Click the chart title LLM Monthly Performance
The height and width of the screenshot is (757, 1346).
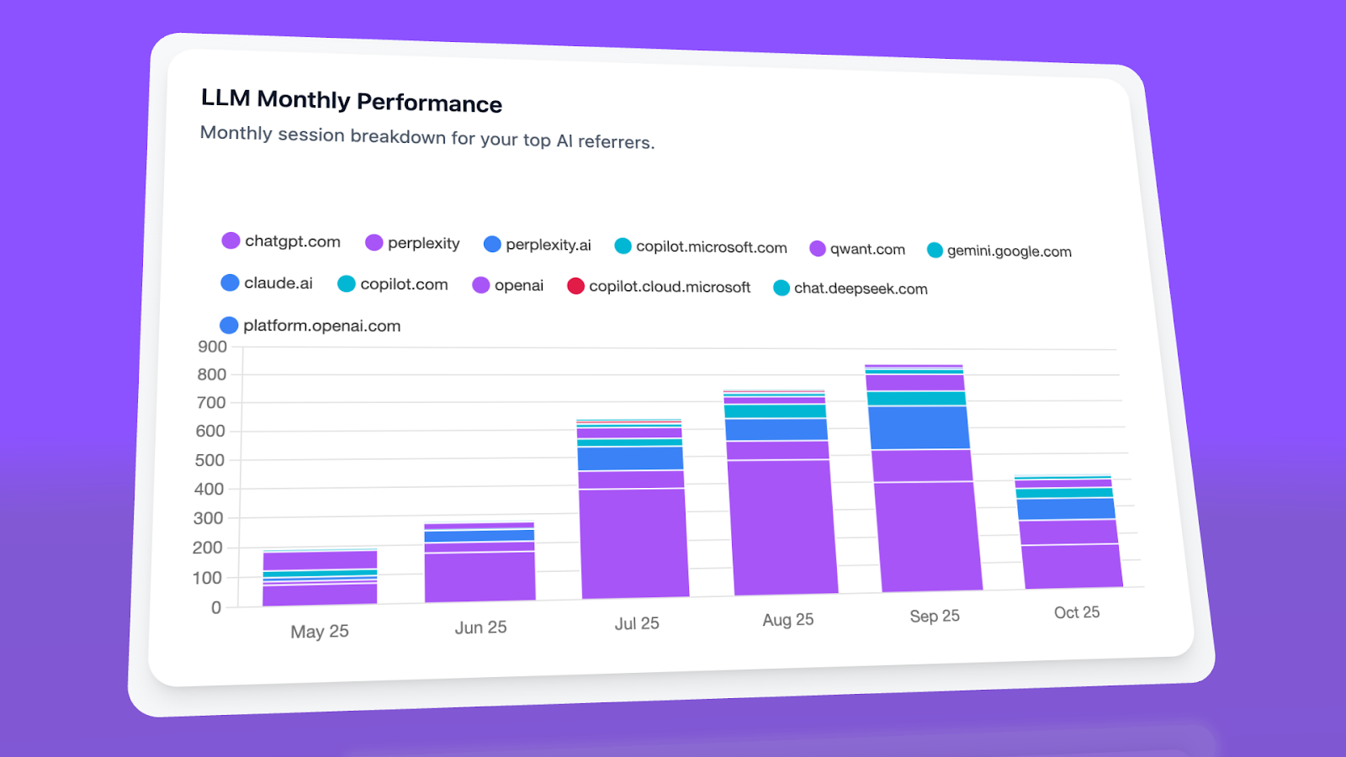tap(351, 100)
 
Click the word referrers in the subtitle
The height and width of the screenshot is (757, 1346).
tap(616, 141)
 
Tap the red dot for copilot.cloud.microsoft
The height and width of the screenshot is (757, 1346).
tap(575, 286)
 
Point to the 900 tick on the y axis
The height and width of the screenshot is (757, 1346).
tap(212, 347)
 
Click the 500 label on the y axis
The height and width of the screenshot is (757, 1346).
tap(209, 460)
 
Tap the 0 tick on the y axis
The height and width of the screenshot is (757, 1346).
tap(216, 607)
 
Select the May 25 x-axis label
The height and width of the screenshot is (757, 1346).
tap(320, 632)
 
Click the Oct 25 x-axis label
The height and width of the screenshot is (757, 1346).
tap(1077, 612)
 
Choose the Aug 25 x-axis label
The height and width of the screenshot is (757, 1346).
tap(787, 620)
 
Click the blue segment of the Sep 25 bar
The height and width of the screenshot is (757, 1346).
tap(919, 427)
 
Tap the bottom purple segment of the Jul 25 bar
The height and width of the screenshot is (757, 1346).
tap(634, 543)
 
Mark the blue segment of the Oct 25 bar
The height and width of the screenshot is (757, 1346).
tap(1066, 508)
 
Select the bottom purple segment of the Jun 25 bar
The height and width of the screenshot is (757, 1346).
tap(480, 576)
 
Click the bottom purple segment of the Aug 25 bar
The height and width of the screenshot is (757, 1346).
tap(783, 527)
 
